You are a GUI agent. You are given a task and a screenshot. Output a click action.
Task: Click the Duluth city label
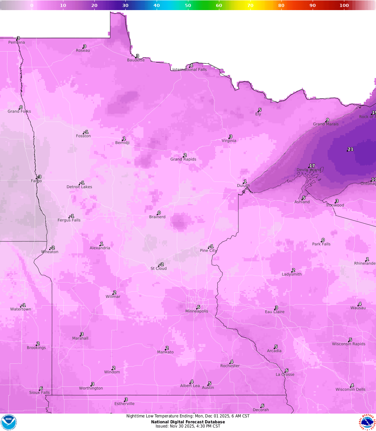click(x=243, y=186)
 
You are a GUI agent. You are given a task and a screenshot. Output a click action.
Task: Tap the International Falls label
click(x=190, y=70)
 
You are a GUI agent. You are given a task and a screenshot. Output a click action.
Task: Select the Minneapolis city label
click(x=197, y=311)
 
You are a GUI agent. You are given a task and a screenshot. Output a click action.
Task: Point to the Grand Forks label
click(x=19, y=111)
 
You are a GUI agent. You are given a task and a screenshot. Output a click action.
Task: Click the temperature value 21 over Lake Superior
click(x=351, y=149)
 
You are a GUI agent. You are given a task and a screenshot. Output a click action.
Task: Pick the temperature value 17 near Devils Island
click(x=312, y=166)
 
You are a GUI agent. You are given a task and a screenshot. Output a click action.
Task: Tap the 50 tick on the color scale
click(x=188, y=5)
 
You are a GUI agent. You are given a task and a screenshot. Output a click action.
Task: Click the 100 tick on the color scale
click(x=344, y=5)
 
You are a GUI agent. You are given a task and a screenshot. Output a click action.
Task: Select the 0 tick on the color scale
click(x=32, y=5)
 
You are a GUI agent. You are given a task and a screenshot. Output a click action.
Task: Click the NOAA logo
click(x=9, y=422)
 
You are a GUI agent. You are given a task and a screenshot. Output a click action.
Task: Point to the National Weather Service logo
click(x=368, y=422)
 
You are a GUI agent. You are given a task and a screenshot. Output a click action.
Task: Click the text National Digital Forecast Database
click(x=188, y=422)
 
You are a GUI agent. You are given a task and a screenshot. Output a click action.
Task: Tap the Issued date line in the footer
click(x=188, y=426)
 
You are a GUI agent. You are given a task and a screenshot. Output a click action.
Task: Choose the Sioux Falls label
click(x=39, y=392)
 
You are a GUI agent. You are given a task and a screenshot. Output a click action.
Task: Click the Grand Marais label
click(x=326, y=124)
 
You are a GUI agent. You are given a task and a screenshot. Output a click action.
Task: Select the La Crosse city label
click(x=285, y=375)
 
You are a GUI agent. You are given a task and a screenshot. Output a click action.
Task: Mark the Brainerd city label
click(x=157, y=217)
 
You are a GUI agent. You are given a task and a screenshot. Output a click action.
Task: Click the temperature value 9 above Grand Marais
click(x=328, y=120)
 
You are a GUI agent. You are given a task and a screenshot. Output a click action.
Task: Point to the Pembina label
click(x=17, y=43)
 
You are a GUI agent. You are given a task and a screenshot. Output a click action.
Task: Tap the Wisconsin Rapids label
click(x=348, y=344)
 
